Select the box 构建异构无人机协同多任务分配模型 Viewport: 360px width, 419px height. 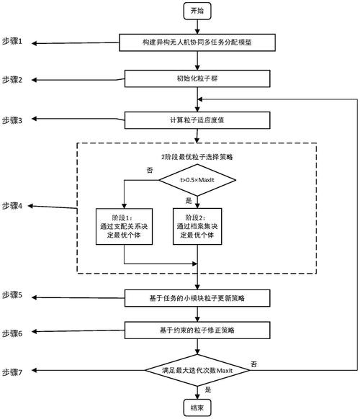coord(197,43)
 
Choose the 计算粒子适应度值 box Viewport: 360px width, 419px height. coord(197,120)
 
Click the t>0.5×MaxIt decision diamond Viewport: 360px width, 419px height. coord(197,179)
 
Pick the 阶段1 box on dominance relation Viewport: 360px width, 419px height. coord(124,225)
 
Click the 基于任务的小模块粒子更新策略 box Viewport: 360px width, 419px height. coord(197,297)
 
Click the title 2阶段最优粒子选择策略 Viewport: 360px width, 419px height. coord(197,155)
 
